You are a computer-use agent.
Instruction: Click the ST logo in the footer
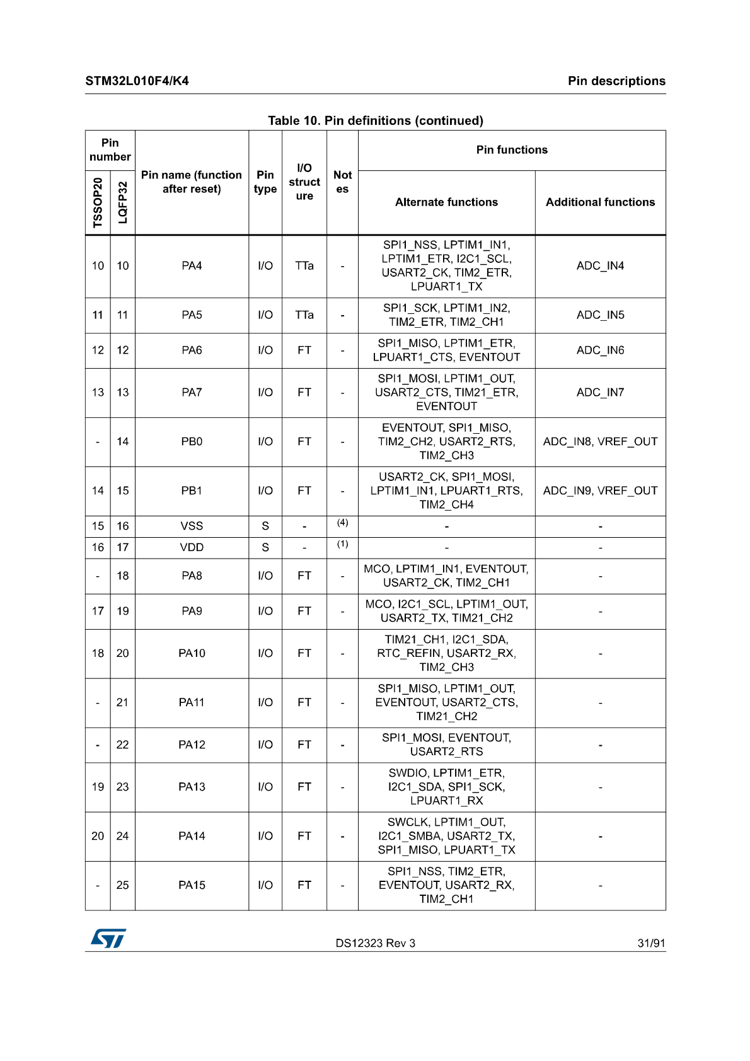[108, 938]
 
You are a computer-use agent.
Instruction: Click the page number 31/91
[651, 943]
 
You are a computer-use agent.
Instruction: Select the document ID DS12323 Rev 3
[375, 943]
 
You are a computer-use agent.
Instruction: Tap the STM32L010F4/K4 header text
[137, 81]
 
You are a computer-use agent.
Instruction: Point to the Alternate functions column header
[446, 202]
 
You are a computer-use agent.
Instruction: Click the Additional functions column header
[600, 202]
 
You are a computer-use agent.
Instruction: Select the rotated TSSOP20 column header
[98, 202]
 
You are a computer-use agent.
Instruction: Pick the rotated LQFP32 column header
[123, 202]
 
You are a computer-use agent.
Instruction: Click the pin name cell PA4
[192, 266]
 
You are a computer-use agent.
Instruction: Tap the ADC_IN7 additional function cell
[600, 392]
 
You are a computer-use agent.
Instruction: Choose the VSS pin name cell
[192, 526]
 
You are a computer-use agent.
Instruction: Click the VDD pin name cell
[192, 547]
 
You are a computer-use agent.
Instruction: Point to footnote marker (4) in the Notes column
[342, 523]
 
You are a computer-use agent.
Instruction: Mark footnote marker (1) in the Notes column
[342, 544]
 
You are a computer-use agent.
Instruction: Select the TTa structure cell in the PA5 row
[304, 315]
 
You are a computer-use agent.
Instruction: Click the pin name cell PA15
[192, 885]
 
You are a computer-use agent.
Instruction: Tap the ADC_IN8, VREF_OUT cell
[600, 441]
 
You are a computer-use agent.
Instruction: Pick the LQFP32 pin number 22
[122, 745]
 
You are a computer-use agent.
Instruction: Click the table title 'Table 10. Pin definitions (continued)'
[376, 120]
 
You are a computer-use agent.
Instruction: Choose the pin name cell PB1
[192, 490]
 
